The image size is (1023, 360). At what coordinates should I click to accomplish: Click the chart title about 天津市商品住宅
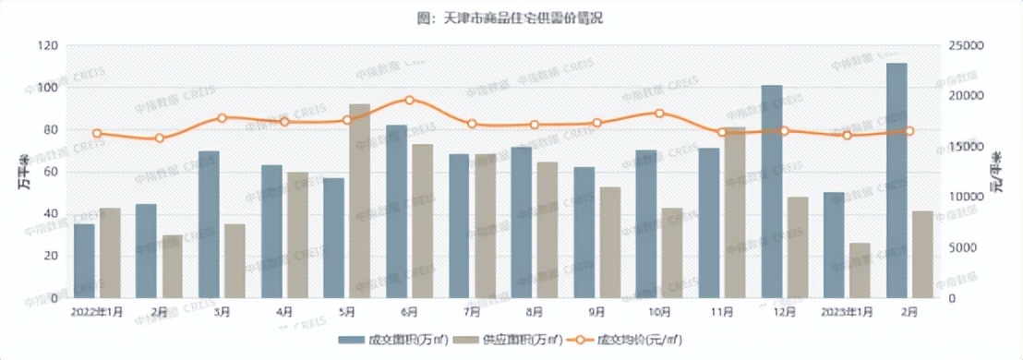point(511,18)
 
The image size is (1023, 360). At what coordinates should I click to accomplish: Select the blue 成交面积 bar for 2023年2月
point(897,181)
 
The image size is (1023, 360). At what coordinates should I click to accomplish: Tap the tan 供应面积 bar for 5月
point(359,201)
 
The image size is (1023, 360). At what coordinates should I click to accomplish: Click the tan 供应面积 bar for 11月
point(735,213)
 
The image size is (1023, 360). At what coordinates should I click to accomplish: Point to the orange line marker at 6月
point(409,100)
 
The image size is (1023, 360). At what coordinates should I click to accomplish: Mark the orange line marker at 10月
point(659,114)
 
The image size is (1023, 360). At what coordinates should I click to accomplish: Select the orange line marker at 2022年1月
point(97,133)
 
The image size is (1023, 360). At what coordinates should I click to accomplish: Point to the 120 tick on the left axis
point(48,46)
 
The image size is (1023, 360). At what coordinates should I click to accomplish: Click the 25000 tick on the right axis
point(968,46)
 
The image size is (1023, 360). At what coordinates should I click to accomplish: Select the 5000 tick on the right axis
point(964,248)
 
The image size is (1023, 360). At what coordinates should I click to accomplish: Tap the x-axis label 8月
point(534,312)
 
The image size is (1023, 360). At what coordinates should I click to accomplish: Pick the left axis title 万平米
point(21,172)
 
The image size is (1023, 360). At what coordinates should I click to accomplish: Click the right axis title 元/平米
point(999,172)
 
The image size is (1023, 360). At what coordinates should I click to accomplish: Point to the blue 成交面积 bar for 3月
point(209,224)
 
